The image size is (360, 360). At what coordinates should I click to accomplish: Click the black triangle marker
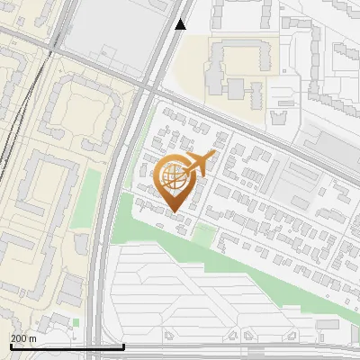click(181, 24)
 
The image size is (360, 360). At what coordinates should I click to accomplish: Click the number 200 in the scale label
click(20, 337)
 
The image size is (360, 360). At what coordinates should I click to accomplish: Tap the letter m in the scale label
click(33, 337)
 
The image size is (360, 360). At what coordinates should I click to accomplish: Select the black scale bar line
click(63, 346)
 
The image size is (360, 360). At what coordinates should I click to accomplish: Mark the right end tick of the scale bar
click(123, 346)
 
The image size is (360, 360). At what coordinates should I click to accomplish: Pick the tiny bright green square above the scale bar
click(76, 321)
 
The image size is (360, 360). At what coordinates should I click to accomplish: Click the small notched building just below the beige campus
click(280, 117)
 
